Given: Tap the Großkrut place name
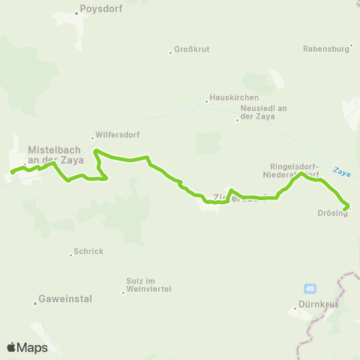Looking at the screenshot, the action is point(191,50).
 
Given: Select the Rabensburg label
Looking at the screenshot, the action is point(325,49).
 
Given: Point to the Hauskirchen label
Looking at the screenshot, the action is point(234,98).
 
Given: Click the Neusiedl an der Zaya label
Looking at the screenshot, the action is point(262,112).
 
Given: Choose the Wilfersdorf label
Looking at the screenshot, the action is point(116,136).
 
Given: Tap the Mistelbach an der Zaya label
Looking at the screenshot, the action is point(53,154).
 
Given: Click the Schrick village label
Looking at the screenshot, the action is point(89,252).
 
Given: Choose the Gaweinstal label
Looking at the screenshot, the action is point(66,298).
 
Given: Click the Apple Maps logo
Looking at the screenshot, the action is point(27,347).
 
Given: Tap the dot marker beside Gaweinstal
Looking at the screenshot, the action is point(35,303).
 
